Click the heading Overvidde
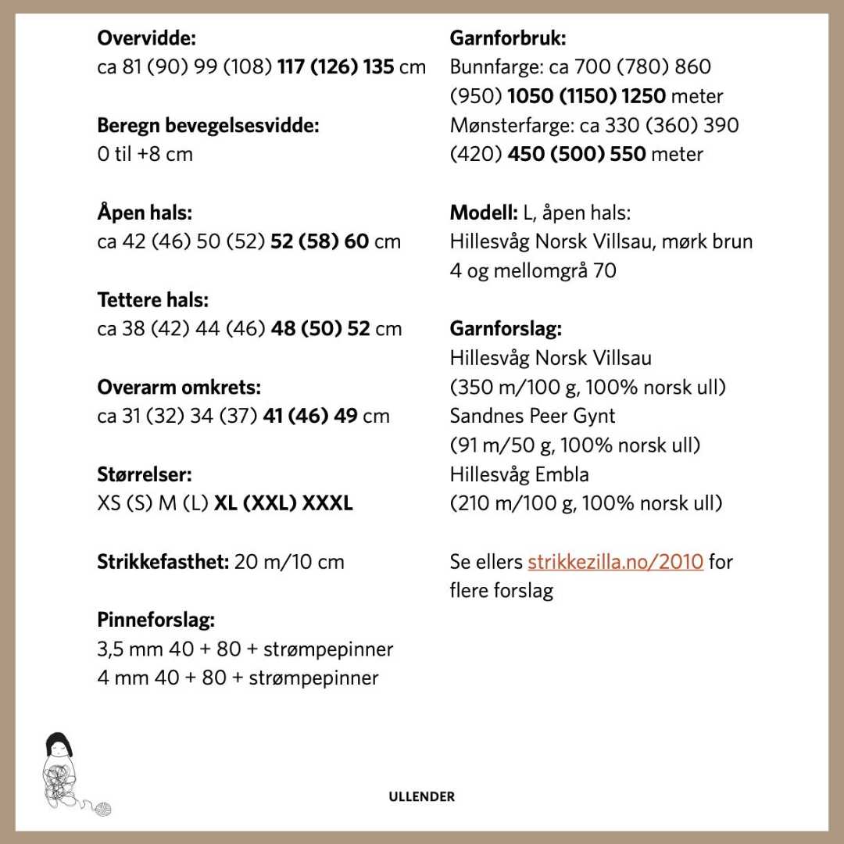pyautogui.click(x=146, y=38)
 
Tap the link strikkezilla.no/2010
pyautogui.click(x=615, y=561)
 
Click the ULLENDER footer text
pyautogui.click(x=421, y=797)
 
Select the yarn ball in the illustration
pyautogui.click(x=102, y=809)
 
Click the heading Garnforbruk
pyautogui.click(x=508, y=38)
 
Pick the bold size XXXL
pyautogui.click(x=327, y=502)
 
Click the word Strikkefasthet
pyautogui.click(x=163, y=561)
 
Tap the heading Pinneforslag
pyautogui.click(x=156, y=620)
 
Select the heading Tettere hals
pyautogui.click(x=153, y=299)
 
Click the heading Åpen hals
pyautogui.click(x=145, y=212)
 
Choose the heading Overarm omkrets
pyautogui.click(x=179, y=387)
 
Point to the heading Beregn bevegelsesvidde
pyautogui.click(x=208, y=125)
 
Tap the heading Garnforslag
pyautogui.click(x=506, y=328)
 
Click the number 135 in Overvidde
pyautogui.click(x=378, y=66)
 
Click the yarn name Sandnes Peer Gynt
pyautogui.click(x=532, y=416)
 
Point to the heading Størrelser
pyautogui.click(x=145, y=474)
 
